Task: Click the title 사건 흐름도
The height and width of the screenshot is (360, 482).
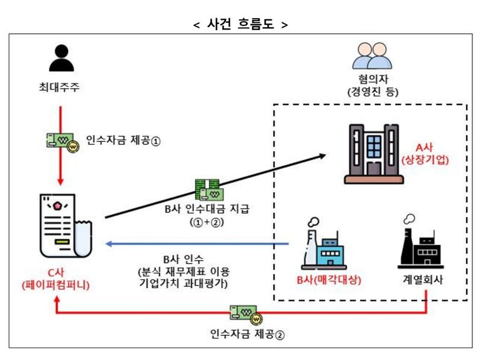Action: [240, 25]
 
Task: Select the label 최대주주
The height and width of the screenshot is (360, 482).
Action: [60, 89]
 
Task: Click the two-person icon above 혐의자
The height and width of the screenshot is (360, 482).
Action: [368, 56]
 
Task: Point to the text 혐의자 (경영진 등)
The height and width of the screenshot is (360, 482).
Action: [369, 86]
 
